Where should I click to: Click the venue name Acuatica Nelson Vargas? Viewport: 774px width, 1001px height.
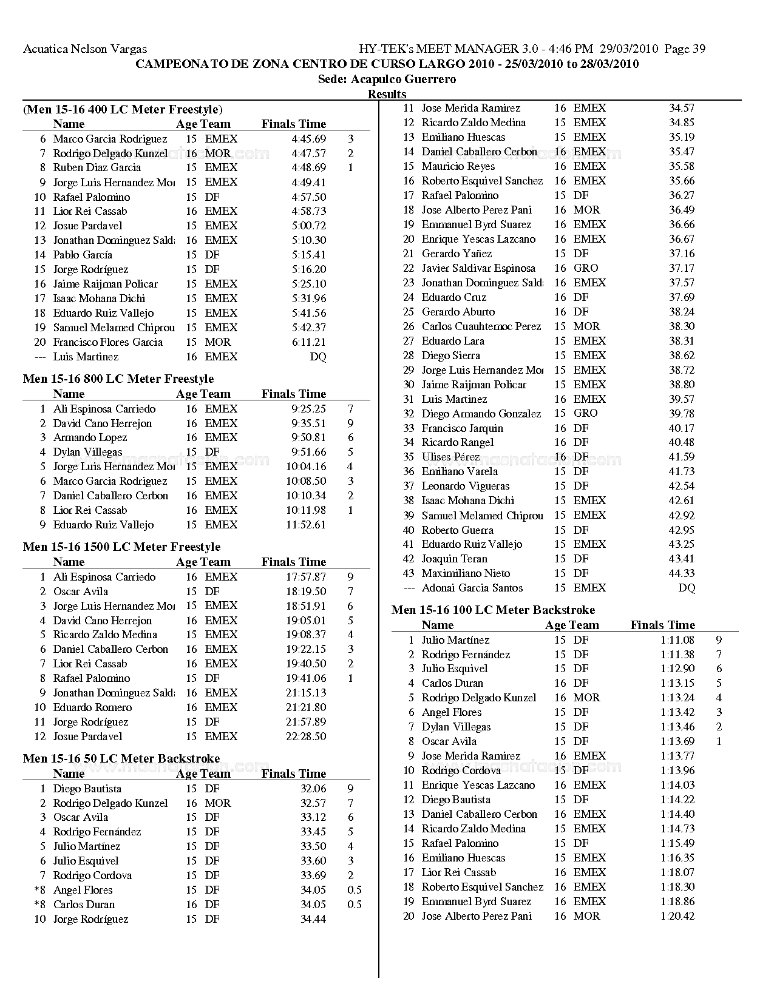85,49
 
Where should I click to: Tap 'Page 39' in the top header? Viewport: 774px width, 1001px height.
685,49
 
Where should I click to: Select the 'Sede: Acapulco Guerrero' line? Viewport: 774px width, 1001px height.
387,79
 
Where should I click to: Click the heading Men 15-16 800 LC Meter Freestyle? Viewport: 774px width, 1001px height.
118,379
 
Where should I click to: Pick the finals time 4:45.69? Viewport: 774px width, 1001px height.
308,139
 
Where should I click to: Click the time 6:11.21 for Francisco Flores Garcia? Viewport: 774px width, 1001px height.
308,342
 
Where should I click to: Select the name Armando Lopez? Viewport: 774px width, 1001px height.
90,437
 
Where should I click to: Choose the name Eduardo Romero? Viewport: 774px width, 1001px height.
92,707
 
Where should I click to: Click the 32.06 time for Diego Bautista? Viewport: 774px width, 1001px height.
313,789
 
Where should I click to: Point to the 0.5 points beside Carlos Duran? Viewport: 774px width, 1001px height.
354,905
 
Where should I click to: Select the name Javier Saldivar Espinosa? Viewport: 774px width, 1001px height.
478,268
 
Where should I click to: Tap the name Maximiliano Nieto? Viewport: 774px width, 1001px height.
466,573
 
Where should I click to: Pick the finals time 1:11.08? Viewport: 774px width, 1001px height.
677,640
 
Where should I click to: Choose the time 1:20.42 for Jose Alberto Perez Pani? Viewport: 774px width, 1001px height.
677,916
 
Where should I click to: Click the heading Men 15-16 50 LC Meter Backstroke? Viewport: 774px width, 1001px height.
121,758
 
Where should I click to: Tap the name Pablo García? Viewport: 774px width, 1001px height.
83,255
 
